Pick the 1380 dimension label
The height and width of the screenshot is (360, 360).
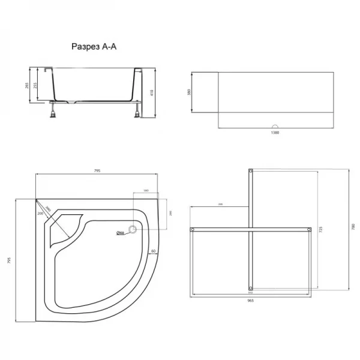275,133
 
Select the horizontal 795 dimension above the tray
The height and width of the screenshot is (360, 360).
97,171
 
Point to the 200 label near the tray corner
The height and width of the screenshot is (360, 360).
41,214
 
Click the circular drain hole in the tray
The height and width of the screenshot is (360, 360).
132,228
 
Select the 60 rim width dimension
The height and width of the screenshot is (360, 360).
153,251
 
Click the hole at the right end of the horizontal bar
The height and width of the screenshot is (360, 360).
309,229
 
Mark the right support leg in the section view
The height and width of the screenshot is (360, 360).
139,110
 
